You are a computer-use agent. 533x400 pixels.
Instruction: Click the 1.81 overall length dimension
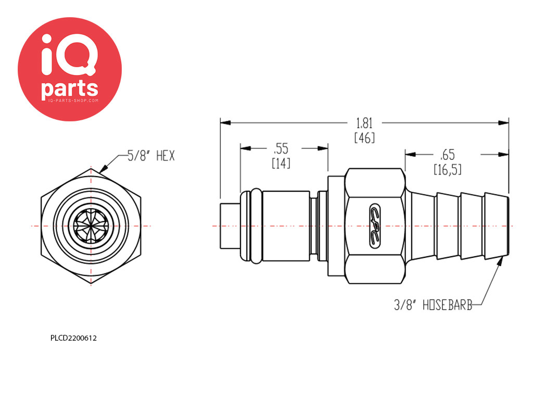pyautogui.click(x=364, y=123)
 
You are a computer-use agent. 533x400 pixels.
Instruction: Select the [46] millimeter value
pyautogui.click(x=364, y=137)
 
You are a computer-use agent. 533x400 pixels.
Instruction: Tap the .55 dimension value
pyautogui.click(x=281, y=148)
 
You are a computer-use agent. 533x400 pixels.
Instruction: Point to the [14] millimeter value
pyautogui.click(x=281, y=164)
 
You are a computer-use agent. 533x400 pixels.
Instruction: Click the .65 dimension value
pyautogui.click(x=447, y=155)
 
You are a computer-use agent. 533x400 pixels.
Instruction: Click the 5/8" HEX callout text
pyautogui.click(x=151, y=156)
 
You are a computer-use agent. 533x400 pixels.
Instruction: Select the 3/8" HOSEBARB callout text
pyautogui.click(x=433, y=305)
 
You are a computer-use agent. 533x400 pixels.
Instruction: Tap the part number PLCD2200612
pyautogui.click(x=73, y=338)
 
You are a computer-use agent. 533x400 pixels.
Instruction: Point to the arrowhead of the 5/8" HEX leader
pyautogui.click(x=104, y=169)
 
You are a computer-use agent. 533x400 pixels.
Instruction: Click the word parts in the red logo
pyautogui.click(x=70, y=89)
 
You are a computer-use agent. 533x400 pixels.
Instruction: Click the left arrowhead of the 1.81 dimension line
pyautogui.click(x=225, y=123)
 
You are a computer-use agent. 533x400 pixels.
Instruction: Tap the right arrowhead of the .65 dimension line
pyautogui.click(x=503, y=155)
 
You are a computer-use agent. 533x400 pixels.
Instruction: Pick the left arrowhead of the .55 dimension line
pyautogui.click(x=246, y=148)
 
